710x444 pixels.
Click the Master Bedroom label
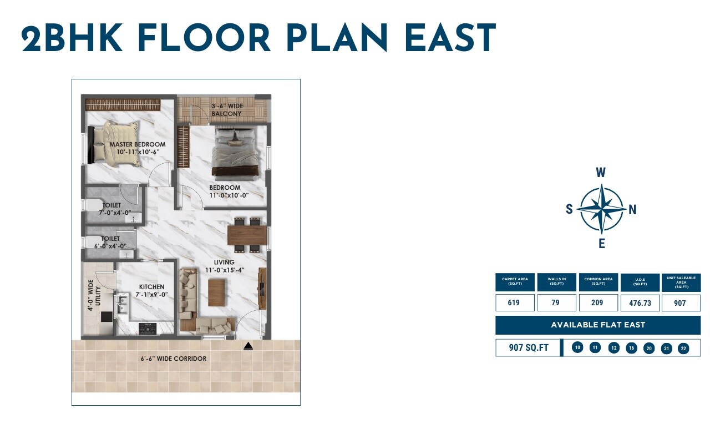pos(137,144)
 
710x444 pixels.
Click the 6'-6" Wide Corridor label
pos(173,359)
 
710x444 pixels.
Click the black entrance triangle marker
pos(248,347)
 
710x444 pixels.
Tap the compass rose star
pos(601,209)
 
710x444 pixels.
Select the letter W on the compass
pos(601,173)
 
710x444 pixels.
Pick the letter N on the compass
pos(632,210)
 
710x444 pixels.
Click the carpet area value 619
pos(514,303)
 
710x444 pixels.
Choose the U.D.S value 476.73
pos(640,303)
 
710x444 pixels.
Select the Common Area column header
pos(598,282)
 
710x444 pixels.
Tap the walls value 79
pos(556,303)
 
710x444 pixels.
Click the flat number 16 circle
pos(631,348)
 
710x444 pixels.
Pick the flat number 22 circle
pos(683,348)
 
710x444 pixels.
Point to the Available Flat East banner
pos(598,325)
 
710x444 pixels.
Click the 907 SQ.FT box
pos(529,348)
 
